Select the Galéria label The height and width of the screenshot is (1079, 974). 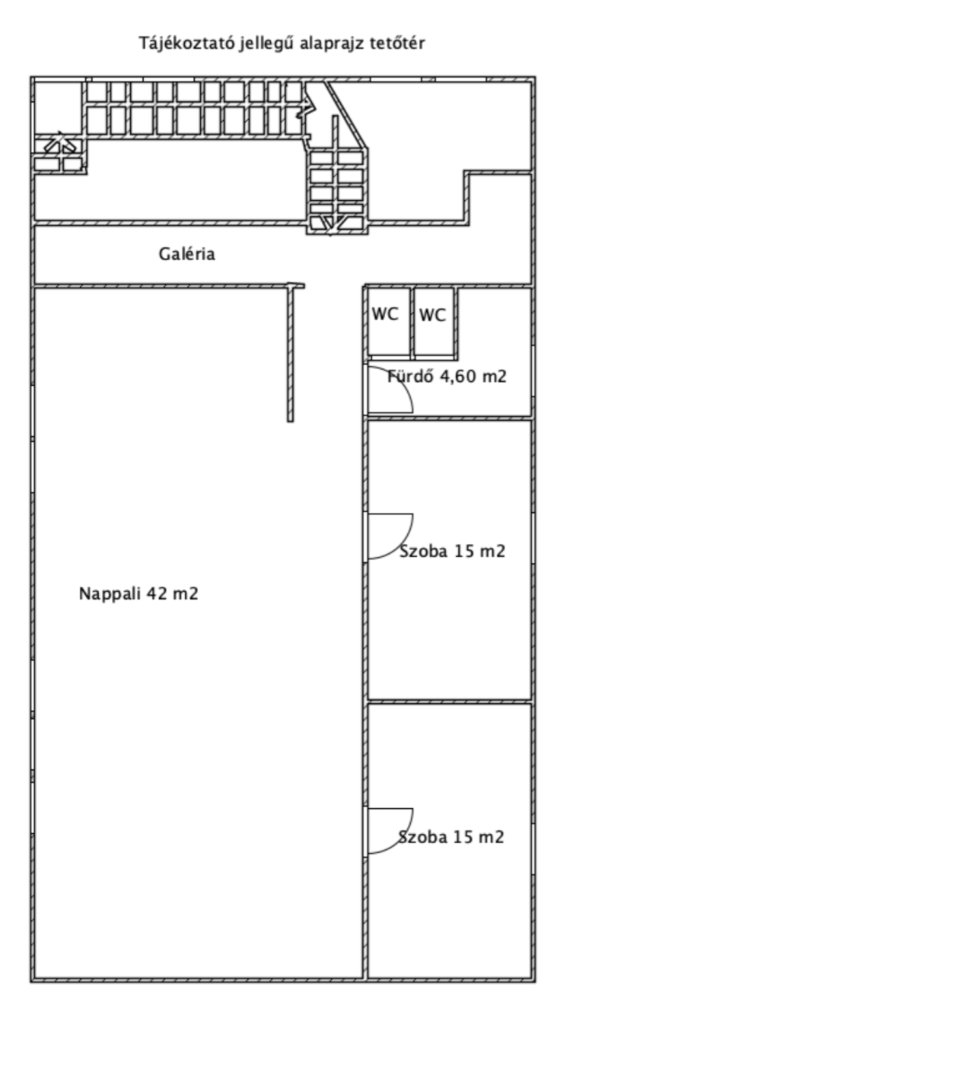pos(186,254)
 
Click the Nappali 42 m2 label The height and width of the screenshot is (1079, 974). pos(138,594)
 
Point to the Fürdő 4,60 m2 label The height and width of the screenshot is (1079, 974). pos(447,376)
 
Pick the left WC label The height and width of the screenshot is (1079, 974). pos(385,314)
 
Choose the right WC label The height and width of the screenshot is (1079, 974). pos(433,315)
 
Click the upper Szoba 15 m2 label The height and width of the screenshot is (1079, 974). pos(453,552)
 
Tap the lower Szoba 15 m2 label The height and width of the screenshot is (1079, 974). pos(451,838)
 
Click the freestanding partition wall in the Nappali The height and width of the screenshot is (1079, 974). pos(291,353)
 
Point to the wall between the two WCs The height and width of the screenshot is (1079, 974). pos(412,323)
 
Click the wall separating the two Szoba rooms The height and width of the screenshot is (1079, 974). pos(450,702)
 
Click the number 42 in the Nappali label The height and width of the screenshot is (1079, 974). pos(157,594)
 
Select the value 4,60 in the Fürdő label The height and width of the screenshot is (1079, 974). pos(458,376)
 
